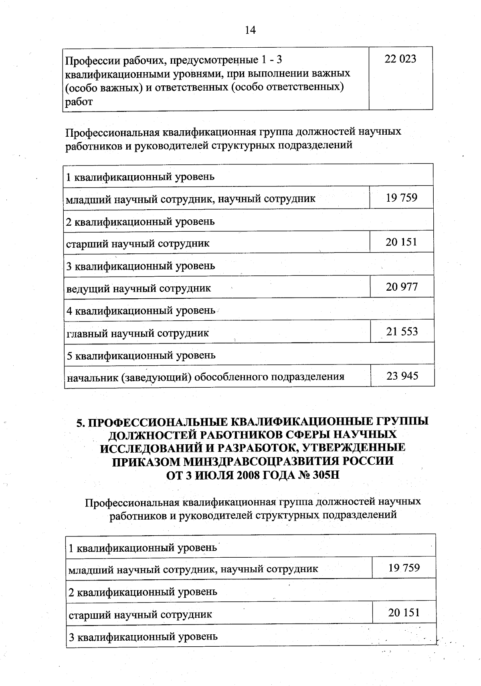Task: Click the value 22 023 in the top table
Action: [400, 59]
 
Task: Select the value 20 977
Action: [402, 287]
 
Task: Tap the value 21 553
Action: [402, 331]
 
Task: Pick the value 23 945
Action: [402, 376]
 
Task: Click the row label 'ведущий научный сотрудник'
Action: [138, 288]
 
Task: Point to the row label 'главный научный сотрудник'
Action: [137, 333]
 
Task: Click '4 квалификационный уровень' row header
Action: [141, 310]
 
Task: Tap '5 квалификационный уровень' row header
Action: [141, 355]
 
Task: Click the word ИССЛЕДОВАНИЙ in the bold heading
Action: [147, 448]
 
